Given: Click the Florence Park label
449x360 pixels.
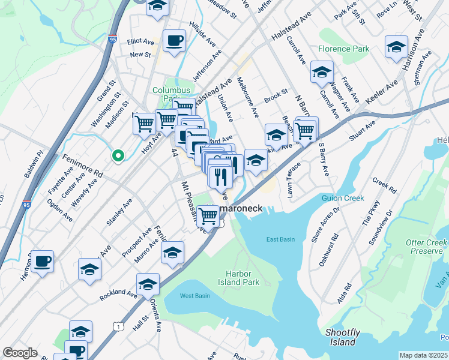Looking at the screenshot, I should [343, 48].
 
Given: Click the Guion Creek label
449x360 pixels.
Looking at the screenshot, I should [343, 198].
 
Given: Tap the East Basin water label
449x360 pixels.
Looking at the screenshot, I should [281, 239].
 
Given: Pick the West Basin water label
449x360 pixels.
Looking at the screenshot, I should [194, 296].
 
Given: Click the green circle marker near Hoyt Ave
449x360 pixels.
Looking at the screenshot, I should [118, 156].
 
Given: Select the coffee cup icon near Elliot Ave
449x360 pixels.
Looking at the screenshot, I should [174, 41].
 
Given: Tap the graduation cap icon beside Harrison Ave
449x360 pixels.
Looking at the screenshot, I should [397, 47].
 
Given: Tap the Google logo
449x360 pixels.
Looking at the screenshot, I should [20, 352].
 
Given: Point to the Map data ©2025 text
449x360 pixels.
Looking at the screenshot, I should [423, 355].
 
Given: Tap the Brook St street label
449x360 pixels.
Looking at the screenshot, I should [276, 95].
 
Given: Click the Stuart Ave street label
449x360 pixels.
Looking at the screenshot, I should [363, 131].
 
